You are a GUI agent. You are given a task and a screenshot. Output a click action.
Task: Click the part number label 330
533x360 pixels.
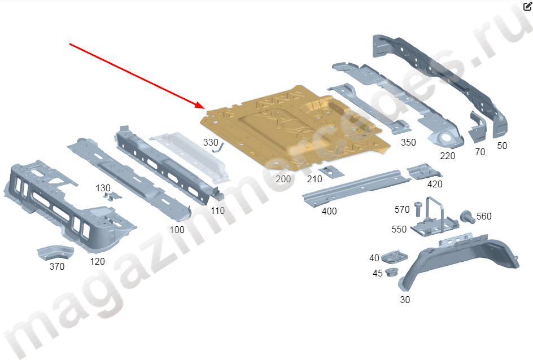[x=210, y=142]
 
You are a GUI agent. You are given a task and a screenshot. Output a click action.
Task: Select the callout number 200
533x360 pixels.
[x=283, y=179]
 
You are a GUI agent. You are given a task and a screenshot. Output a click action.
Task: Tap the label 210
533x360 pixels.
[x=314, y=179]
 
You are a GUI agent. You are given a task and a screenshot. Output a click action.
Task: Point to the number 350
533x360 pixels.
[x=408, y=143]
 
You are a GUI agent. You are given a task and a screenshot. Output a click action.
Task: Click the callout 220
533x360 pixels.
[x=447, y=156]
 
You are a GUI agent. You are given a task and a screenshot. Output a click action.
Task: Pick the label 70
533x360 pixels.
[x=480, y=152]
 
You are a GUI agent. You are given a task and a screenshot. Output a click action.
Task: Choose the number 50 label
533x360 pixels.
[x=502, y=146]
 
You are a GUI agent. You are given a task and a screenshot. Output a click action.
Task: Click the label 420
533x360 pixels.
[x=435, y=184]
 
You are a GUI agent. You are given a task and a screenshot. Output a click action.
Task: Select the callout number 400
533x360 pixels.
[x=329, y=211]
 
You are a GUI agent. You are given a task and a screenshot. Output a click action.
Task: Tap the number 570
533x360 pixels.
[x=402, y=210]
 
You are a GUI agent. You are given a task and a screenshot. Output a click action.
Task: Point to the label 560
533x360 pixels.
[x=484, y=216]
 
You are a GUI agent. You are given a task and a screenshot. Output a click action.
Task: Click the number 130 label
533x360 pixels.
[x=103, y=188]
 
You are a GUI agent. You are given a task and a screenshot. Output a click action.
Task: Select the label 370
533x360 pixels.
[x=56, y=266]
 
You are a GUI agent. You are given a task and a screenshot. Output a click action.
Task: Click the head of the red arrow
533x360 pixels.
[x=202, y=106]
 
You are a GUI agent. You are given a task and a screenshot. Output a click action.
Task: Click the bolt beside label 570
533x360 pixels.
[x=417, y=208]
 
